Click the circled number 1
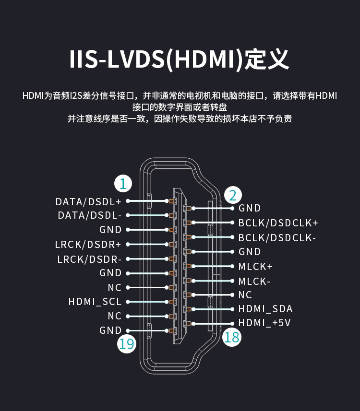(x=123, y=184)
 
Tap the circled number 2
(x=233, y=195)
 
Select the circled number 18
(x=231, y=337)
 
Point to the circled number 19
(x=127, y=344)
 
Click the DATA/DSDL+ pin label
(x=88, y=201)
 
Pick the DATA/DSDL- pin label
(x=90, y=216)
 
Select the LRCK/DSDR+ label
(x=88, y=245)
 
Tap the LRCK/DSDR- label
(x=89, y=259)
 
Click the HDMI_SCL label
(x=95, y=302)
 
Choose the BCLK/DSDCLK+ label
(x=278, y=223)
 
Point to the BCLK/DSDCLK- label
(x=277, y=237)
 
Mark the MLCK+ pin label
(x=255, y=266)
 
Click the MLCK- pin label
(x=254, y=281)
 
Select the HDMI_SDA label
(x=265, y=309)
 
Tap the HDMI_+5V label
(x=264, y=323)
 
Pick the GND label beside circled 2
(x=250, y=208)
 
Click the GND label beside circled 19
(x=110, y=330)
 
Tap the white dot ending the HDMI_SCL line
(x=128, y=302)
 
